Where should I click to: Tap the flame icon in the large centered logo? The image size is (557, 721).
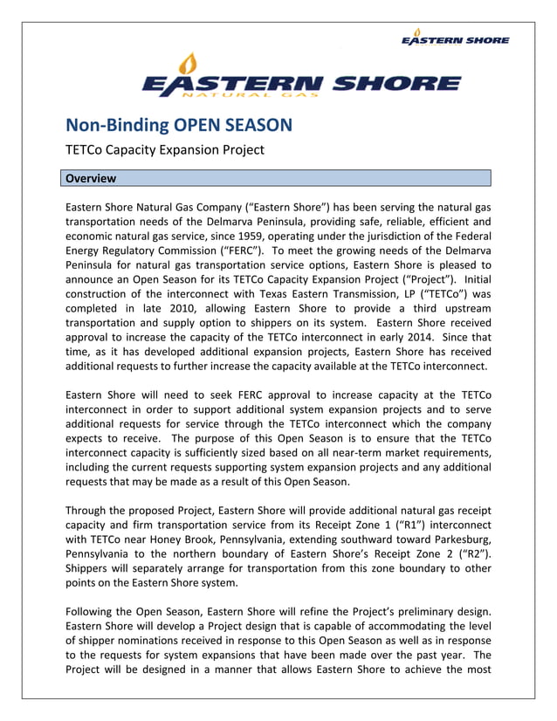pos(189,64)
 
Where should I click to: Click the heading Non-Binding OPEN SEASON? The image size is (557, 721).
pos(179,125)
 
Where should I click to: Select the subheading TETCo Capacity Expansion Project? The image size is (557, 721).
pos(165,149)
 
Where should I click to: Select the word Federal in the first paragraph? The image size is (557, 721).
pos(469,236)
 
